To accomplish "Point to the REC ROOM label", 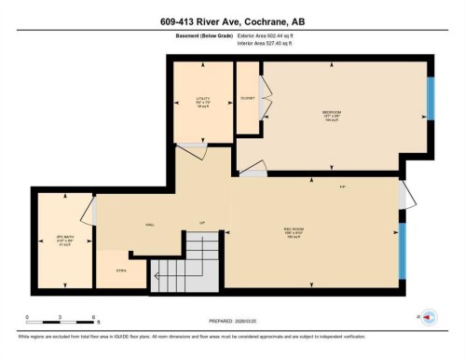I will point(292,233).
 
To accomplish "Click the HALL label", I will point(148,225).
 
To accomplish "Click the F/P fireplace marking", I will point(343,187).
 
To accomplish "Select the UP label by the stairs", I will point(201,223).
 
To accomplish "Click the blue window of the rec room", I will point(403,251).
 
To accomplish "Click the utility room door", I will point(193,145).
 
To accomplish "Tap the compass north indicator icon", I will point(428,316).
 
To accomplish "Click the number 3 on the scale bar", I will point(60,317).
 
